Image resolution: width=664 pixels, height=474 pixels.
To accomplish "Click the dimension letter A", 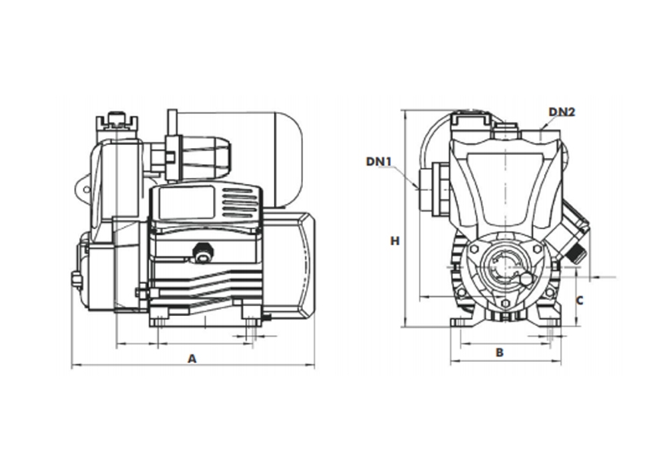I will coord(192,357).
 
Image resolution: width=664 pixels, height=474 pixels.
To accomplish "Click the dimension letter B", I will coord(500,352).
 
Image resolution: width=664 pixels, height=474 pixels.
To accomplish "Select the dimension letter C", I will coord(579,300).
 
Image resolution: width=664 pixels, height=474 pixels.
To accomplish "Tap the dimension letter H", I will coord(395,240).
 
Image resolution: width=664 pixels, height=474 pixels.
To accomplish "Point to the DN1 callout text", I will coord(379,161).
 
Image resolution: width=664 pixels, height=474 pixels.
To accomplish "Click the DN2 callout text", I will coord(561,112).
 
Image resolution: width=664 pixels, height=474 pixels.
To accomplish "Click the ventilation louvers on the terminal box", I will coord(238,204).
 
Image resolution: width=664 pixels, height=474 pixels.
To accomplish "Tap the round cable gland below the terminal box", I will coord(203,252).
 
